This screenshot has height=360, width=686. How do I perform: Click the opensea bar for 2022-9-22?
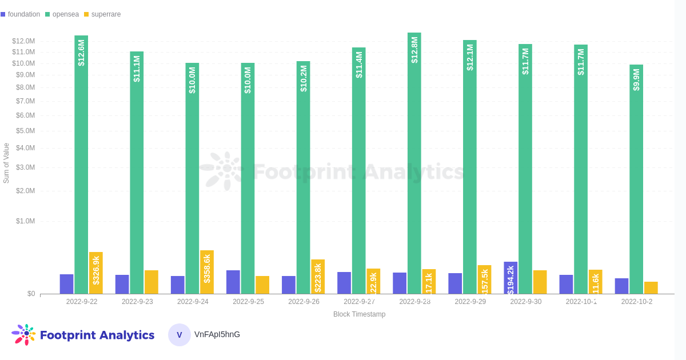point(81,171)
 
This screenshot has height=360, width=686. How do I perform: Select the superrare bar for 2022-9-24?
point(207,272)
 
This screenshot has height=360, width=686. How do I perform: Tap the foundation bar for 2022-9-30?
point(510,278)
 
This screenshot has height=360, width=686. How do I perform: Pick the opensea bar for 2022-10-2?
point(636,183)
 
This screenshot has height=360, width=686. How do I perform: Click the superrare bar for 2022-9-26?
point(318,277)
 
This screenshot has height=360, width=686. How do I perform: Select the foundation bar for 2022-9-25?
point(233,282)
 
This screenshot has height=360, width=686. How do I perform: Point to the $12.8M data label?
point(414,50)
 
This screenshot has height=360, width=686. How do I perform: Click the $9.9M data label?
point(636,80)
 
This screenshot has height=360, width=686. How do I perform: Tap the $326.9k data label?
point(96,270)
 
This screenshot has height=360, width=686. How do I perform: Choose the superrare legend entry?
point(102,14)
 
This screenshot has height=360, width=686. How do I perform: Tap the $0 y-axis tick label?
point(31,294)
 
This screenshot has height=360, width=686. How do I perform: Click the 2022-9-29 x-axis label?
point(470,302)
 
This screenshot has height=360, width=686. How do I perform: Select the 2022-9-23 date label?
point(137,302)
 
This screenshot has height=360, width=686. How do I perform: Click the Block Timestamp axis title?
point(359,314)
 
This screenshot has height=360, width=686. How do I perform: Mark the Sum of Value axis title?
point(6,163)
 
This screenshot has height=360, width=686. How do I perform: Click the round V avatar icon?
point(180,335)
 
